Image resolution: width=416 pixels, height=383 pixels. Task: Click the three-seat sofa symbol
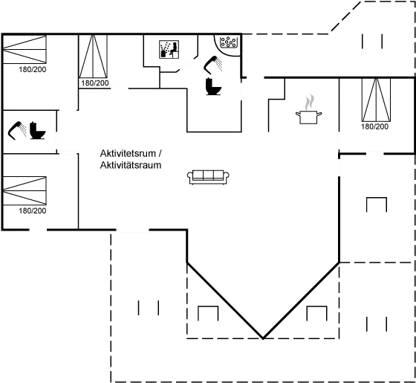[208, 177]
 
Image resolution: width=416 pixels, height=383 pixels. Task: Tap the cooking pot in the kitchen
[308, 118]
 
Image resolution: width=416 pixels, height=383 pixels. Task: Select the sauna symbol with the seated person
[169, 49]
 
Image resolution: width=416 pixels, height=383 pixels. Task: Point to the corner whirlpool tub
[227, 44]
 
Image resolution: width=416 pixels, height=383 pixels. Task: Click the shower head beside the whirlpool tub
[212, 65]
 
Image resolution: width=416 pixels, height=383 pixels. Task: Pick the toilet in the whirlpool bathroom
[213, 86]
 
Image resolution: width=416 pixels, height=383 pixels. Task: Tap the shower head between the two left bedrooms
[16, 130]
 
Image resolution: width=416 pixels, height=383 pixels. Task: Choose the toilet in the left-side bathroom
[37, 130]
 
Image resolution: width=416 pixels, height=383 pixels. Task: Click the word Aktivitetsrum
[128, 153]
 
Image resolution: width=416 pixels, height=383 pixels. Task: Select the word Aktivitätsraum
[131, 165]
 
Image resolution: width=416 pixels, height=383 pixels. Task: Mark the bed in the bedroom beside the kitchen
[376, 100]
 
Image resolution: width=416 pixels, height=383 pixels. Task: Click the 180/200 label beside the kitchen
[374, 126]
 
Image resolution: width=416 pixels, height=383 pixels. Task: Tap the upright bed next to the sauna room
[93, 57]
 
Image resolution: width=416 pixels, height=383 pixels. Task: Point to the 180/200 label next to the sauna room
[95, 83]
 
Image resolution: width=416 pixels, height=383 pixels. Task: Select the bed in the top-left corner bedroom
[25, 49]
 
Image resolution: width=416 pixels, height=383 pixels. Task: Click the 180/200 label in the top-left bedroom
[33, 70]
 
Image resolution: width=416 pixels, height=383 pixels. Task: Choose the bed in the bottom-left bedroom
[25, 190]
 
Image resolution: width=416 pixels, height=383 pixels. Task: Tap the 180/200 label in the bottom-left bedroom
[33, 211]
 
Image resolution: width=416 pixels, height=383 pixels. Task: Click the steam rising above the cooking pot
[309, 102]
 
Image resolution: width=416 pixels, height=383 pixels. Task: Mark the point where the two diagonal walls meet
[263, 338]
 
